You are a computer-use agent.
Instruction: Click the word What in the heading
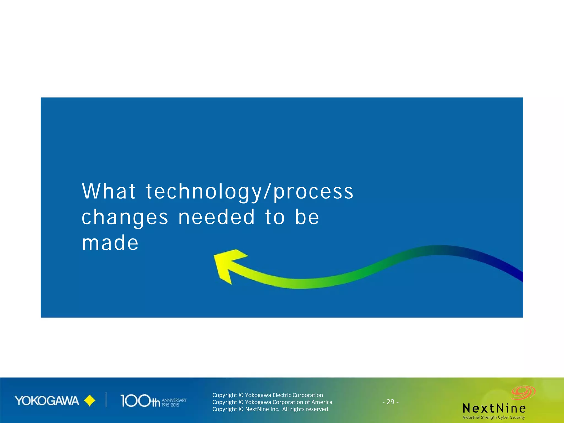coord(109,191)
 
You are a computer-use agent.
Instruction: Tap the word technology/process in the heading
coord(250,192)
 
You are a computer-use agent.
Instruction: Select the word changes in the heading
coord(124,217)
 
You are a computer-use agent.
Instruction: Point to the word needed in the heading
coord(216,217)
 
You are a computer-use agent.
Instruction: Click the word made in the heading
coord(110,243)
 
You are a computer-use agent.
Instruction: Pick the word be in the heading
coord(307,217)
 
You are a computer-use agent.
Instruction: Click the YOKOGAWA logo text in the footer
coord(47,401)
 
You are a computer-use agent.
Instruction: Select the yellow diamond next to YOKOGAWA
coord(90,401)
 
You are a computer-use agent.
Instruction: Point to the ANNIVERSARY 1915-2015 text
coord(174,402)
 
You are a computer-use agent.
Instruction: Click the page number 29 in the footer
coord(390,402)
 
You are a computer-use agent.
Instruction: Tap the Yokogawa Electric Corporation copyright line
coord(267,395)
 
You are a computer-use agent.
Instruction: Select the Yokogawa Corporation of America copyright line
coord(272,402)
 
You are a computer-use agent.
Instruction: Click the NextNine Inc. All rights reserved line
coord(271,409)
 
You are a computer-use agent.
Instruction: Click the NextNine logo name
coord(494,408)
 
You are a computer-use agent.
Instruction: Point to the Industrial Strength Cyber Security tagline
coord(493,417)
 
